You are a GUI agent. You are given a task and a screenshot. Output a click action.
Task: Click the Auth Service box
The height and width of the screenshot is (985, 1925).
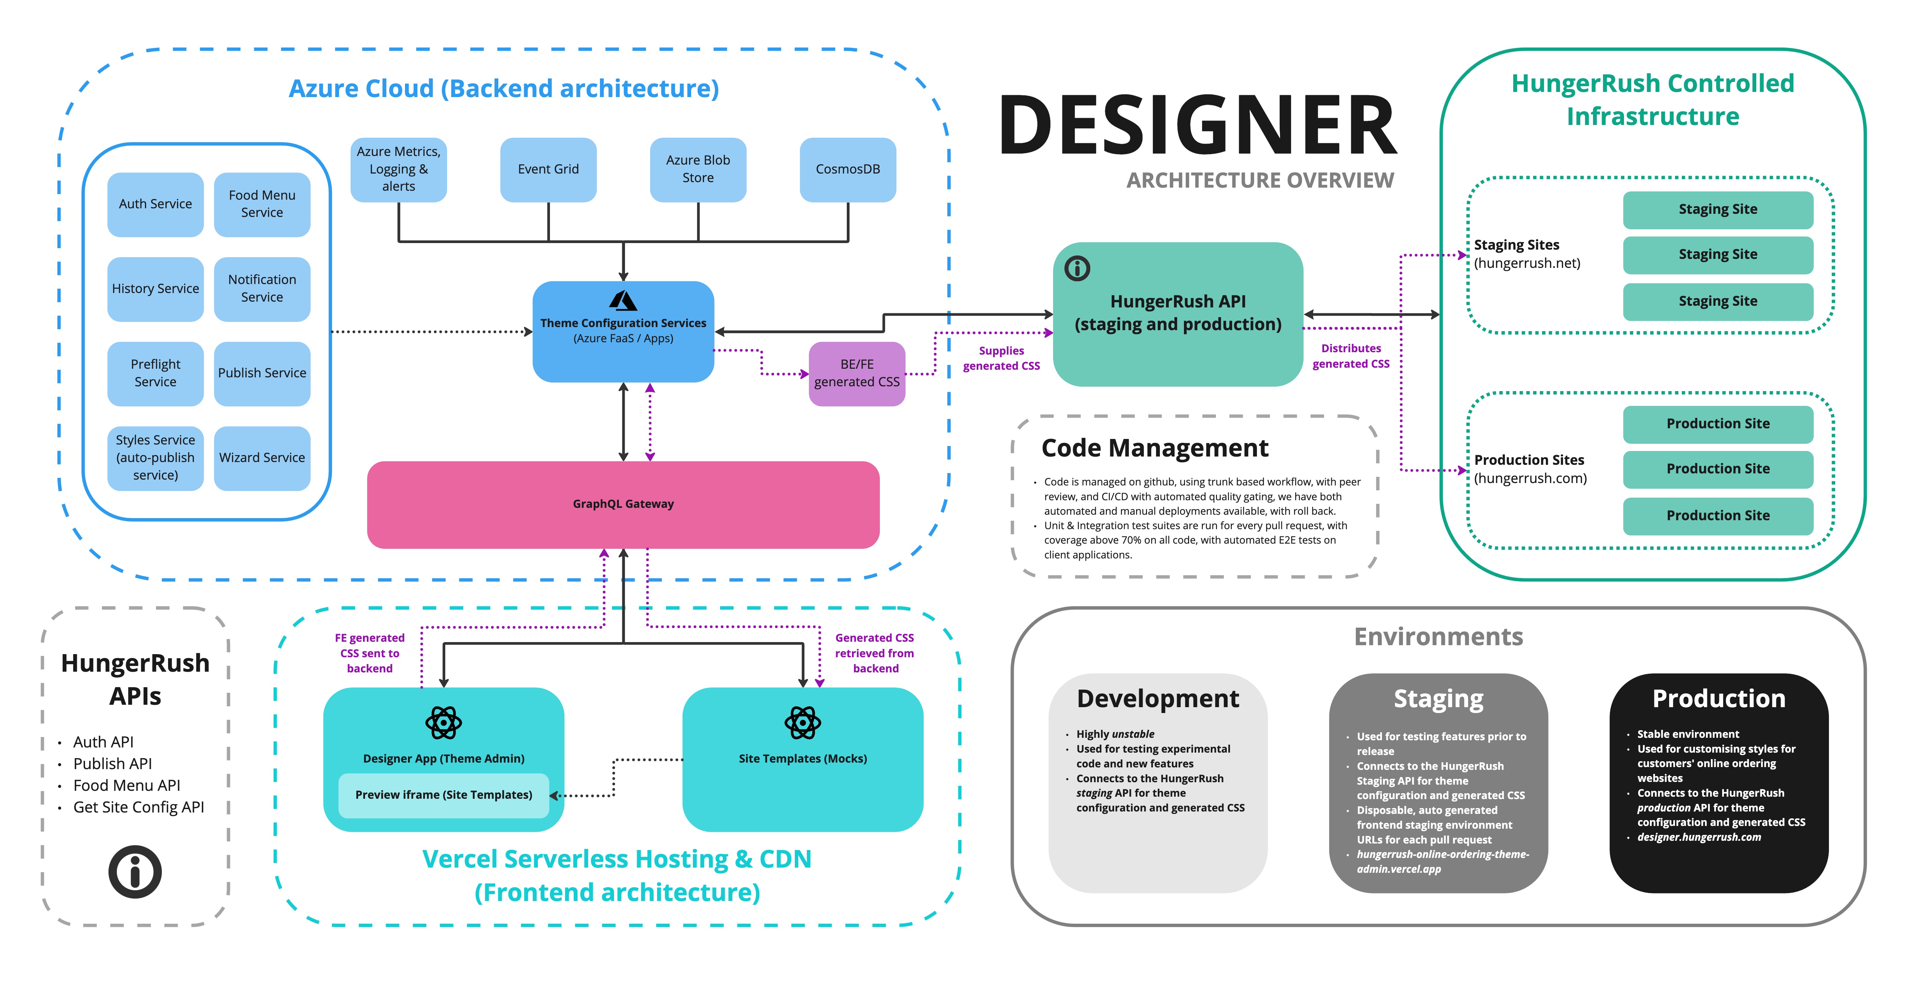tap(155, 204)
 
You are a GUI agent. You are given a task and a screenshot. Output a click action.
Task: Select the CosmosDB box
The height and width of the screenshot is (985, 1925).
tap(847, 170)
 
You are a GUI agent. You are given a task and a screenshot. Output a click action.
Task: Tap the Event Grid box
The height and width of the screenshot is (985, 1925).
tap(548, 170)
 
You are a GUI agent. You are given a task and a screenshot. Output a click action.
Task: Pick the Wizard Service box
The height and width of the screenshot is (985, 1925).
tap(262, 457)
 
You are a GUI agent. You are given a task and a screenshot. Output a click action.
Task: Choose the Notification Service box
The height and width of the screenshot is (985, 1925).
tap(262, 289)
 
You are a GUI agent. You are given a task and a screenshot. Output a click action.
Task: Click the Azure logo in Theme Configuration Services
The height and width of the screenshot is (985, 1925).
tap(623, 301)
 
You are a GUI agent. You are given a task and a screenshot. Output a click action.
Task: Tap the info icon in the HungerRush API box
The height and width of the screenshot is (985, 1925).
tap(1077, 268)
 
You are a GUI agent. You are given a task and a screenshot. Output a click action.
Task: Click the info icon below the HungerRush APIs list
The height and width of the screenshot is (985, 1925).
tap(135, 871)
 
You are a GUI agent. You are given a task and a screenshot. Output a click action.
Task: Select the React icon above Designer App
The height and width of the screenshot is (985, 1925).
tap(444, 723)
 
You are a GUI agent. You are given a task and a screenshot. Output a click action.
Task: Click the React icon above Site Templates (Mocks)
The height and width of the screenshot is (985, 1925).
tap(803, 723)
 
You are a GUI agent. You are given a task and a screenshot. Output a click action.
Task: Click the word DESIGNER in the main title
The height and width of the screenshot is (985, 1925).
tap(1198, 126)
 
